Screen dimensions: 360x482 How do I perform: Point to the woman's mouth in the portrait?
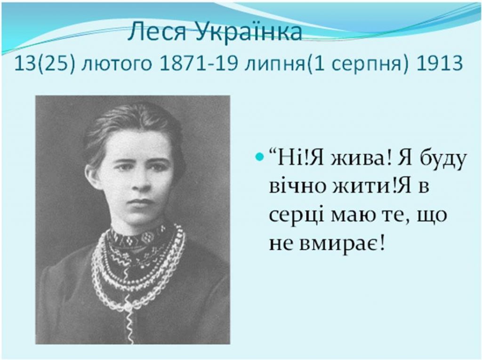tap(137, 202)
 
